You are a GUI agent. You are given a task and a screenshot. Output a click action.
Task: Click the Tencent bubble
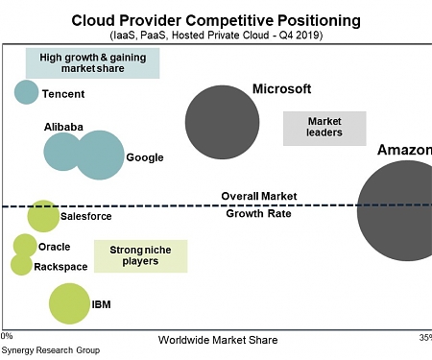[x=27, y=92]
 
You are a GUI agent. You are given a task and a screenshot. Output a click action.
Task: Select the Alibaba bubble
[x=63, y=151]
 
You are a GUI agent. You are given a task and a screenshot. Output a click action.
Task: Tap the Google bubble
[x=99, y=156]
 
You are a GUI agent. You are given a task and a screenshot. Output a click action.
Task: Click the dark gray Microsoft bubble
[x=223, y=123]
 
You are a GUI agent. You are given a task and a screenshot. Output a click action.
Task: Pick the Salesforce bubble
[x=43, y=216]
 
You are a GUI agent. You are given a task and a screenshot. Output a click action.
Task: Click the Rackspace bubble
[x=21, y=264]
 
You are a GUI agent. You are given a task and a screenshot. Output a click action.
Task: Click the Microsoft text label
[x=281, y=89]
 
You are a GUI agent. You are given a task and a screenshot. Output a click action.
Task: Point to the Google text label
[x=145, y=157]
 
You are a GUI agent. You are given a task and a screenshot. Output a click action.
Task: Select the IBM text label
[x=101, y=305]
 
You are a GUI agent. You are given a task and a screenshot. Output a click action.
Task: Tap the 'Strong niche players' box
[x=140, y=255]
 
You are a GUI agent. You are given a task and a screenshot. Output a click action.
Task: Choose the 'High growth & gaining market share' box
[x=93, y=63]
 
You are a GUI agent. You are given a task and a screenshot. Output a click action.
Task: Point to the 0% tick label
[x=7, y=337]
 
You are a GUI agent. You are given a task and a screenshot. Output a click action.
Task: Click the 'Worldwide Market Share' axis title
[x=217, y=340]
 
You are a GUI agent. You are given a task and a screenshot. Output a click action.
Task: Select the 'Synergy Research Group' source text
[x=50, y=351]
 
